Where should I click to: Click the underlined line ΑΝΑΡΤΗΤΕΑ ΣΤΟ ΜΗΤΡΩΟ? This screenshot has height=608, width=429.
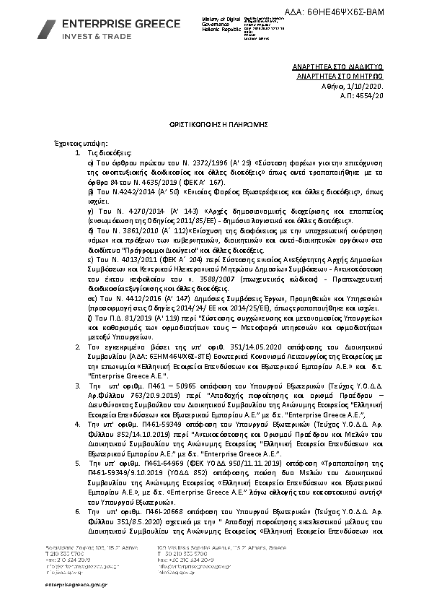tap(345, 75)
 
